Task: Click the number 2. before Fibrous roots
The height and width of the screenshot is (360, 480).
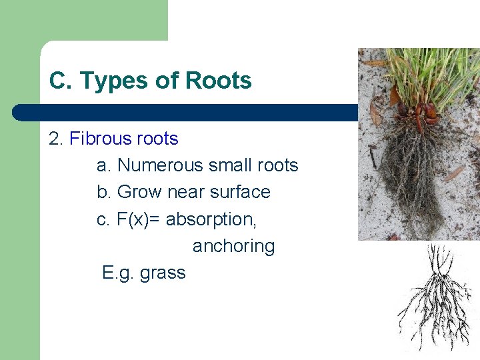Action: [x=56, y=139]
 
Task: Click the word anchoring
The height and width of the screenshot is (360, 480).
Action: [x=233, y=247]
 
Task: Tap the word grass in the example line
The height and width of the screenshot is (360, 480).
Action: [x=163, y=273]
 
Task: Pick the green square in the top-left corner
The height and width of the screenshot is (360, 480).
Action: [x=20, y=20]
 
